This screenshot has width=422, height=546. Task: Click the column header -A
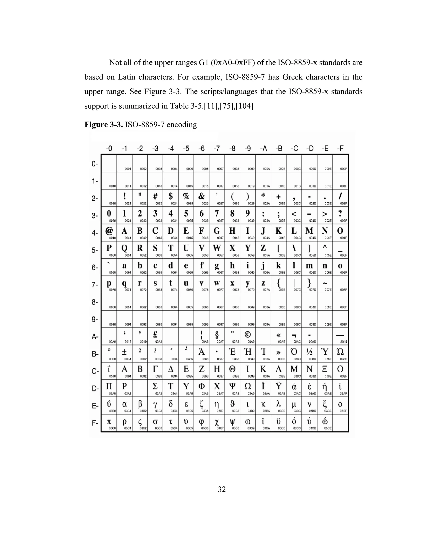(263, 149)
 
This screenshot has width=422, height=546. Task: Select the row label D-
(95, 389)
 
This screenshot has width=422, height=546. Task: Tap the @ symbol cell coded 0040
(109, 232)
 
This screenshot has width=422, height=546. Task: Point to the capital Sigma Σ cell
(155, 388)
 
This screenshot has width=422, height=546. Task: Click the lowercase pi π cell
(109, 423)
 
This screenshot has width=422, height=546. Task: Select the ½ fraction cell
(309, 354)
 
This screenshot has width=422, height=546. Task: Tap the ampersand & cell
(202, 198)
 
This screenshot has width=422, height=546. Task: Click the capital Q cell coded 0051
(124, 250)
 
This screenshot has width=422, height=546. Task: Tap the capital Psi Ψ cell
(232, 388)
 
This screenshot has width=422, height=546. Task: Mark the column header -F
(340, 149)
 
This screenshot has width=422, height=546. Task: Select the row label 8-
(95, 302)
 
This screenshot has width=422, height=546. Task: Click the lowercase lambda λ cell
(279, 405)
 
